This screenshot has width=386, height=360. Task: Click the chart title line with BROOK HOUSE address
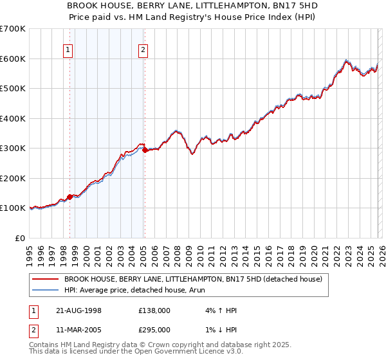pyautogui.click(x=192, y=4)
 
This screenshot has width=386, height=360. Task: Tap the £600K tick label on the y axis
pyautogui.click(x=13, y=59)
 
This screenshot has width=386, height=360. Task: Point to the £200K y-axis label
pyautogui.click(x=13, y=178)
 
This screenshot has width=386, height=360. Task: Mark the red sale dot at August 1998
pyautogui.click(x=70, y=197)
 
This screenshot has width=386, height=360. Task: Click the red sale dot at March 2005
pyautogui.click(x=145, y=150)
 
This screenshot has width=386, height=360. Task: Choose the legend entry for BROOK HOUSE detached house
pyautogui.click(x=196, y=279)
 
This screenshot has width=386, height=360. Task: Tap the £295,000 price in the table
pyautogui.click(x=154, y=329)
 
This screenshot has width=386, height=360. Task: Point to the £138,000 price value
pyautogui.click(x=154, y=310)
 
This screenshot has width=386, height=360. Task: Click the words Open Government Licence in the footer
pyautogui.click(x=181, y=352)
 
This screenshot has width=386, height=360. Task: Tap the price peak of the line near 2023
pyautogui.click(x=346, y=60)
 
